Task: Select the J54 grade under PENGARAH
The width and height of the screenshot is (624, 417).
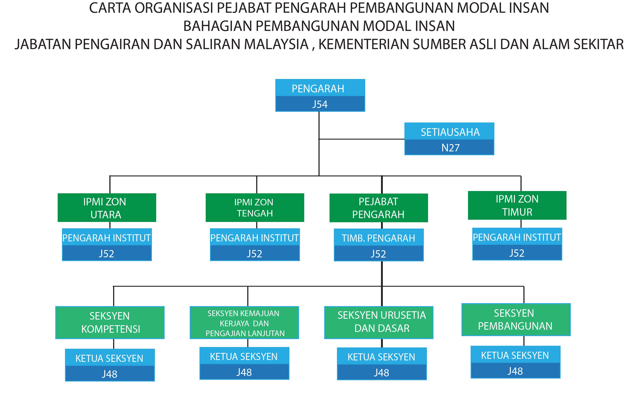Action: pyautogui.click(x=320, y=104)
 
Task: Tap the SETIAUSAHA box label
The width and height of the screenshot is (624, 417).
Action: pyautogui.click(x=450, y=132)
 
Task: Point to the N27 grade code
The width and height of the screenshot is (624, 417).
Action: pyautogui.click(x=450, y=148)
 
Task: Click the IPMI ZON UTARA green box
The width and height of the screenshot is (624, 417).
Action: pyautogui.click(x=107, y=207)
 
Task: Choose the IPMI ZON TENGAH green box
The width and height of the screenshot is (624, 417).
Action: pyautogui.click(x=255, y=207)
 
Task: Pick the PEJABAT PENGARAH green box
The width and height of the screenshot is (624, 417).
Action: pyautogui.click(x=379, y=208)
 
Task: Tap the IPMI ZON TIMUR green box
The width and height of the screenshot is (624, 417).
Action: pyautogui.click(x=517, y=205)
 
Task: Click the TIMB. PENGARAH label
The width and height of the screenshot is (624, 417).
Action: pyautogui.click(x=378, y=238)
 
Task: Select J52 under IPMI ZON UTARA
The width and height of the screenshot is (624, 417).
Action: pyautogui.click(x=107, y=254)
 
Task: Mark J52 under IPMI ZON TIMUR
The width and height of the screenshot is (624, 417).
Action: pyautogui.click(x=517, y=253)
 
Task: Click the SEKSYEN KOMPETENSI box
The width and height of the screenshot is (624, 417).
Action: pyautogui.click(x=110, y=322)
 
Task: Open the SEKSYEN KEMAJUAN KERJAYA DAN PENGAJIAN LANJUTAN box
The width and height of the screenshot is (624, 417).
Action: pyautogui.click(x=244, y=322)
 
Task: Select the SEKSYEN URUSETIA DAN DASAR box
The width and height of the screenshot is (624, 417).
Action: pyautogui.click(x=379, y=322)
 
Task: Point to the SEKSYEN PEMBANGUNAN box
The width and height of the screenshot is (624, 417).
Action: pyautogui.click(x=516, y=319)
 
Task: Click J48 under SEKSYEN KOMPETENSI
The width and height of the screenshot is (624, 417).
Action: pyautogui.click(x=110, y=374)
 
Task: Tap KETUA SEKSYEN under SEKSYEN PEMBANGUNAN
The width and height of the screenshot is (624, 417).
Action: pyautogui.click(x=515, y=355)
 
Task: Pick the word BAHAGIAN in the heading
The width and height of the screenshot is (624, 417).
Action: pyautogui.click(x=218, y=26)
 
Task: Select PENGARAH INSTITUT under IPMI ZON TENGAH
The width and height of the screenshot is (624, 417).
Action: pyautogui.click(x=255, y=238)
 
